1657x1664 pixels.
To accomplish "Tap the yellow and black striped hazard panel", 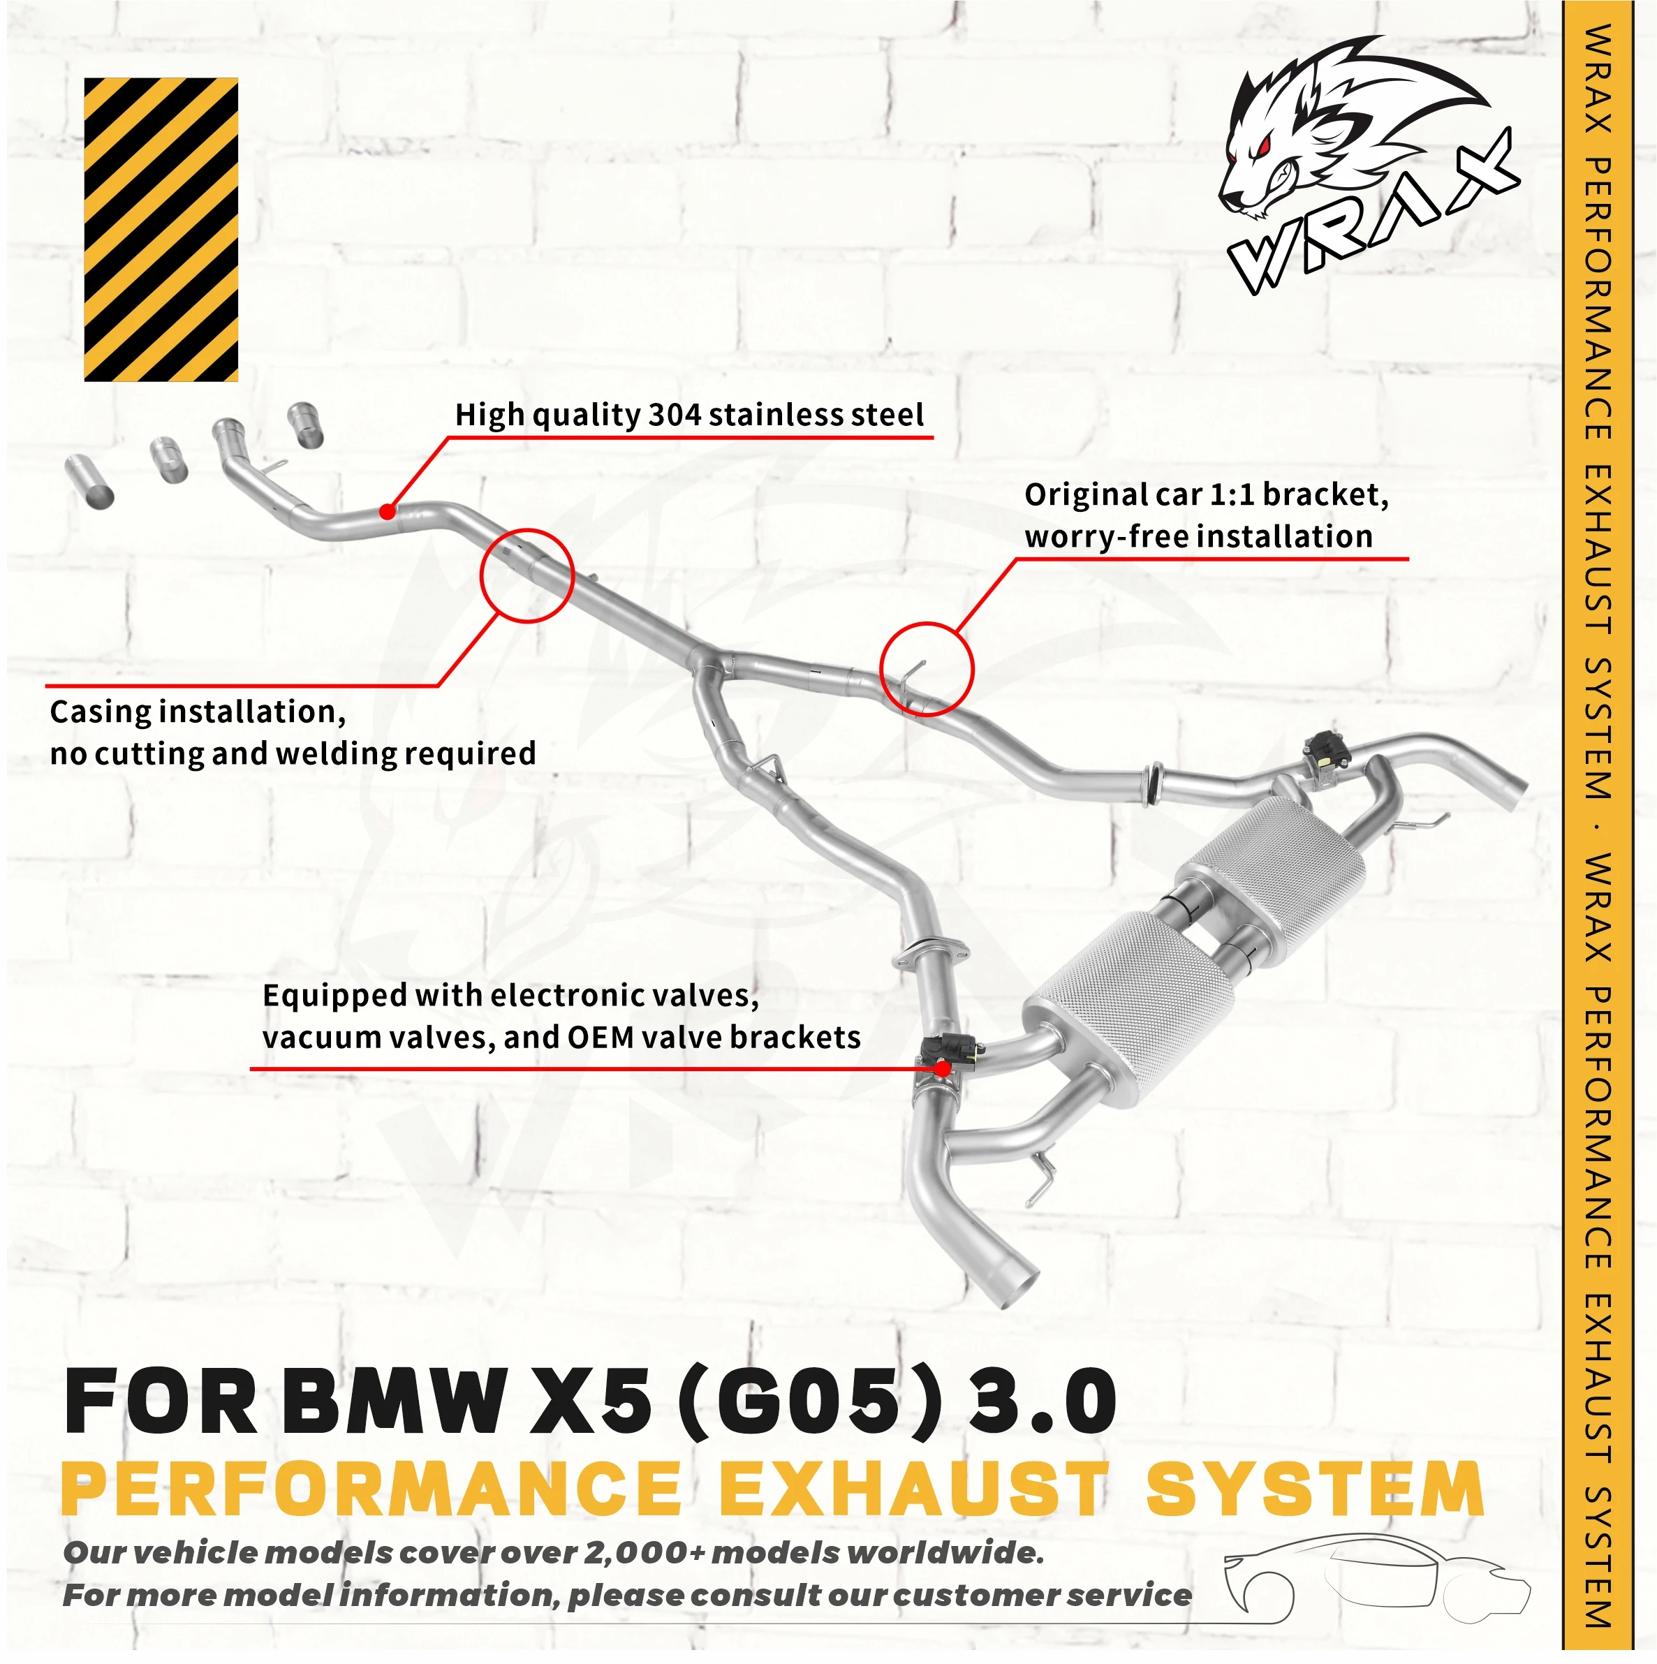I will coord(161,229).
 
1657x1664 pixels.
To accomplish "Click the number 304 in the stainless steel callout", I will coord(675,415).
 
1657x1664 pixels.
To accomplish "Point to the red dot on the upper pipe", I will coord(388,512).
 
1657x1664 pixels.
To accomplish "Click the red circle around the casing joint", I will coord(527,575).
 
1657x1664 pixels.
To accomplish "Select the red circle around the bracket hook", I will coord(926,669).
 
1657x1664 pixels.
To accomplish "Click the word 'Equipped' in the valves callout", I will coord(334,996).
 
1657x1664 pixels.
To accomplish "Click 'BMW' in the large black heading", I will coord(392,1401).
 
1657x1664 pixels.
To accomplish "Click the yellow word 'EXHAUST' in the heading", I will coord(911,1489).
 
